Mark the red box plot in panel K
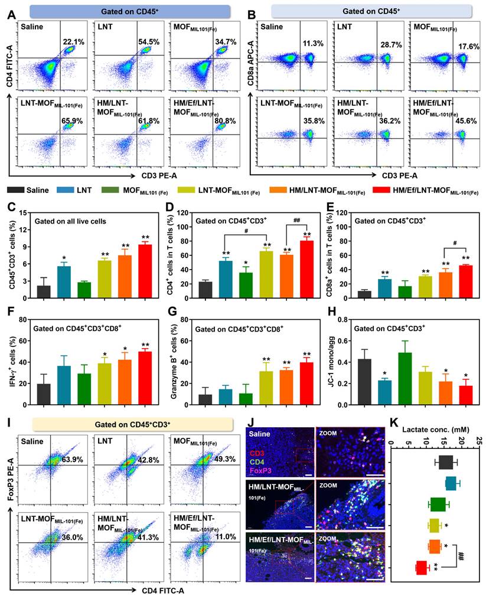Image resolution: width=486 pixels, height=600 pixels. pos(422,567)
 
